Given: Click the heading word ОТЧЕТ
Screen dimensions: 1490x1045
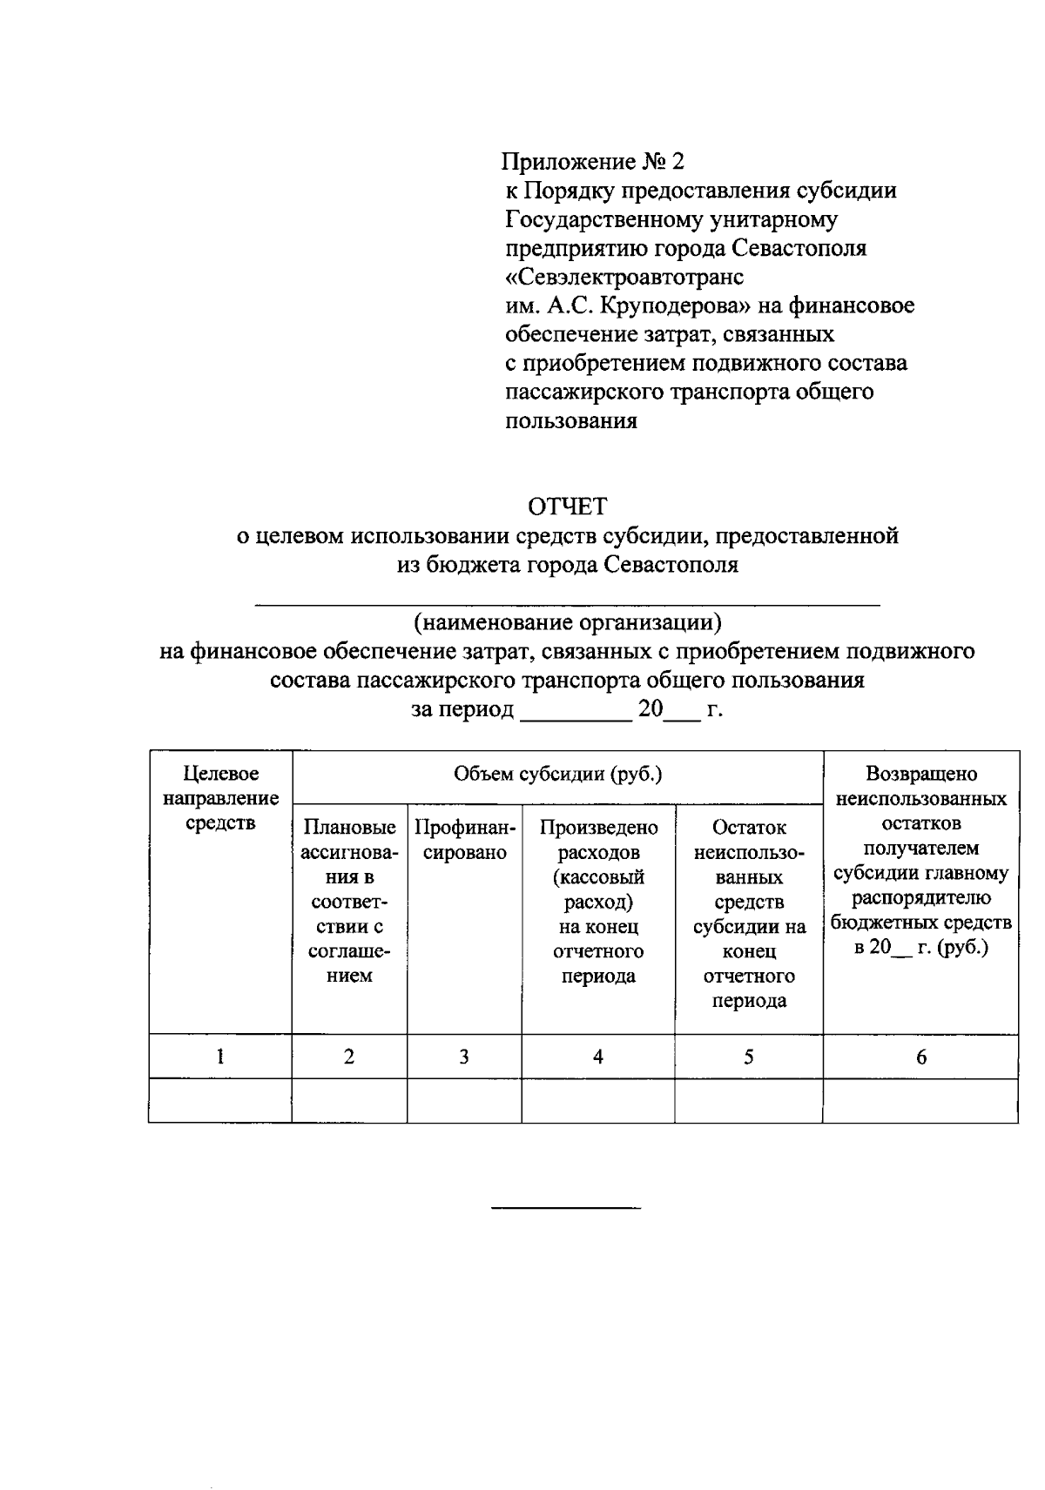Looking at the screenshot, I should coord(568,506).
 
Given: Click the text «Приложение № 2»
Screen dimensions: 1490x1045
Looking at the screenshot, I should coord(594,161).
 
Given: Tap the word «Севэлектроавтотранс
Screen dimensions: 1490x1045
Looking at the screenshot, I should coord(624,277).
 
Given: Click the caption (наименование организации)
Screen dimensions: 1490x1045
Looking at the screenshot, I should coord(568,622).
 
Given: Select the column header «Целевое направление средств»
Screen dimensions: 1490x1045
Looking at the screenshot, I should coord(220,797).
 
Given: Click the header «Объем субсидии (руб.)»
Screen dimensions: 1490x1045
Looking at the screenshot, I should coord(557,774).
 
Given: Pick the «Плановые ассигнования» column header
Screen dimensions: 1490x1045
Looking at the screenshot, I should coord(349,901).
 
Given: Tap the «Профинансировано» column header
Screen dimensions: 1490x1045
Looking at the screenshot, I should coord(465,840).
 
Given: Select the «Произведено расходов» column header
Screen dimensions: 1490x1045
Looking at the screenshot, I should coord(598,901).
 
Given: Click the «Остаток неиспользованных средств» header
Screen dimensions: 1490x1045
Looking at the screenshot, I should coord(749,913).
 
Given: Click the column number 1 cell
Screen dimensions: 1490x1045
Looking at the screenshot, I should coord(220,1057).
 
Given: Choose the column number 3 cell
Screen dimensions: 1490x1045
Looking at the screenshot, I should coord(464,1057).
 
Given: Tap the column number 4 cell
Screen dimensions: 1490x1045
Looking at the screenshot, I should coord(598,1057).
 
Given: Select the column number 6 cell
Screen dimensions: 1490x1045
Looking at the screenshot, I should coord(921,1057).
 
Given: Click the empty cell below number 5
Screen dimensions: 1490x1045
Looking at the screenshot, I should coord(749,1101).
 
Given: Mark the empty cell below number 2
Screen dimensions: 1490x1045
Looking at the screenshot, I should coord(349,1101).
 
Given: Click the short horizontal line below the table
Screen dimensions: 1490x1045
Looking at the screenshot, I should coord(566,1208).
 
